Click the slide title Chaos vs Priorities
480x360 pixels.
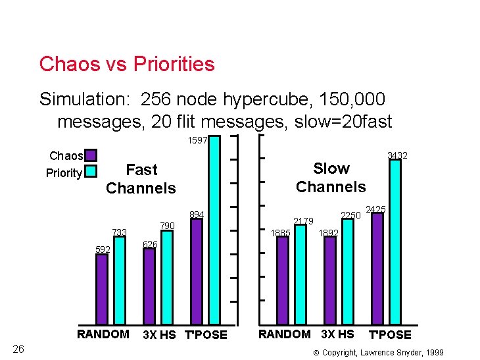click(x=127, y=64)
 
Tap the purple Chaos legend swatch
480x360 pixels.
click(x=91, y=156)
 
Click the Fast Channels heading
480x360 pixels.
click(x=141, y=179)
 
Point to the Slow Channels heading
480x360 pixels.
click(x=331, y=178)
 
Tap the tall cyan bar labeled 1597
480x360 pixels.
click(x=214, y=230)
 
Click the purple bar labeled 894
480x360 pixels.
click(x=197, y=270)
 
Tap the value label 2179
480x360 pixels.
click(x=303, y=220)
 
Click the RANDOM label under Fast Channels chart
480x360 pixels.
click(x=103, y=334)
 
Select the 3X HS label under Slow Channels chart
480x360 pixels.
click(x=337, y=334)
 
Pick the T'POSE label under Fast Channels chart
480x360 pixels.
click(x=206, y=334)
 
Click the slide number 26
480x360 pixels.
click(x=19, y=348)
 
